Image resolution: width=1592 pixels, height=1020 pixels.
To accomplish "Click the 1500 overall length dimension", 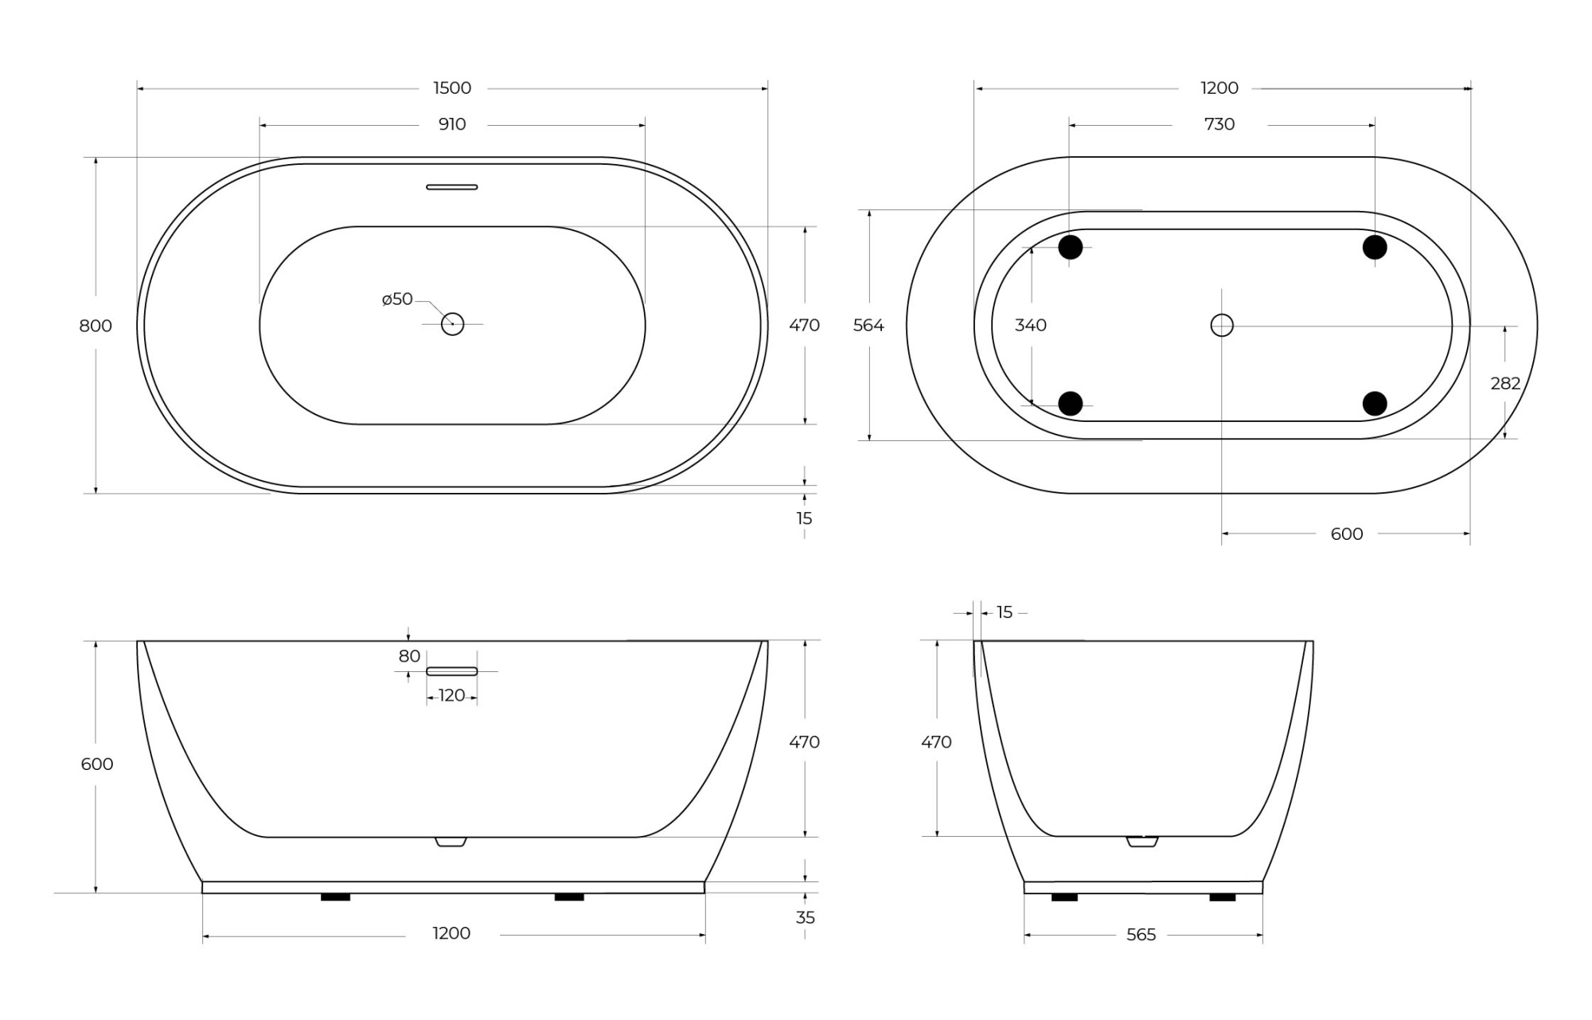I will (452, 88).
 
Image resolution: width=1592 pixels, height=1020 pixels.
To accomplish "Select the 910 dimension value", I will (451, 124).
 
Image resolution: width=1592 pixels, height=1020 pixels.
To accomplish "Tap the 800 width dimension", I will (96, 326).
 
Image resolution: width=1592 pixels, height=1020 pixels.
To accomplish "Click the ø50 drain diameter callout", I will (397, 299).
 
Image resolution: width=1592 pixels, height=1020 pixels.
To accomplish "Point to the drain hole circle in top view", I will (452, 324).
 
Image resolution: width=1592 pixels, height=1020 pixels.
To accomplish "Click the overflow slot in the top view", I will (451, 187).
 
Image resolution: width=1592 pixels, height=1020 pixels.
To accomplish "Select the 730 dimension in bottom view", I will (1219, 124).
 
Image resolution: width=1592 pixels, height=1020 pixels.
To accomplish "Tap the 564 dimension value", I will (868, 325).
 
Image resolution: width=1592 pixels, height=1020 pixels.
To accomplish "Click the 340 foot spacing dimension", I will (1030, 325).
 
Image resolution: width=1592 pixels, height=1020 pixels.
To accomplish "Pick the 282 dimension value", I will (1504, 383).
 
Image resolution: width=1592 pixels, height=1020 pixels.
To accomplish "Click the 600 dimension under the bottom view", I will (1346, 533).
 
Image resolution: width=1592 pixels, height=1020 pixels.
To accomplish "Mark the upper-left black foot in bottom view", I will (1071, 248).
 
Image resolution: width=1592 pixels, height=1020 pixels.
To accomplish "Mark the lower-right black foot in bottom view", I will (1375, 404).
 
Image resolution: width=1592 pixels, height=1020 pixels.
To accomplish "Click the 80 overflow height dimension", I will (409, 656).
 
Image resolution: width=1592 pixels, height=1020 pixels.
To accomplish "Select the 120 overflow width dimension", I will (451, 696).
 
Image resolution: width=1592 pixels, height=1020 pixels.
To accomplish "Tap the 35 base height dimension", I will (805, 917).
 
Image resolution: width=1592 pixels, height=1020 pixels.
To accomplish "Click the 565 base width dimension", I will (1141, 935).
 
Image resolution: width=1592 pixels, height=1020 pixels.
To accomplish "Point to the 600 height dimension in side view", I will (97, 764).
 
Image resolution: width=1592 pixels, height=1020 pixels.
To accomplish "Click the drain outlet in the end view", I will (1142, 842).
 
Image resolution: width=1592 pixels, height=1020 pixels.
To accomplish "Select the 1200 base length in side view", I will (451, 933).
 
